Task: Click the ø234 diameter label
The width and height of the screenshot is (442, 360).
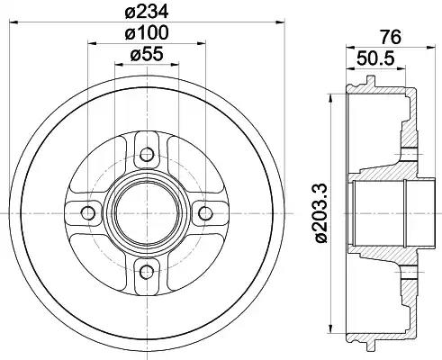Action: click(146, 12)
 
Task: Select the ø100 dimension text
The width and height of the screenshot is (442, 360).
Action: click(146, 33)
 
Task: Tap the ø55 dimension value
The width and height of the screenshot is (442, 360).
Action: click(146, 55)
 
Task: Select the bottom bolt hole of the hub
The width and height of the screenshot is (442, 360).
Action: click(146, 271)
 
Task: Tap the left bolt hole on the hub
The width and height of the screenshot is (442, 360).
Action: click(87, 212)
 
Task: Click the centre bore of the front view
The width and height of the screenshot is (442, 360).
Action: click(146, 212)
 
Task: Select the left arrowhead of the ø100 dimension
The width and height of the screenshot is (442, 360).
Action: click(90, 44)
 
